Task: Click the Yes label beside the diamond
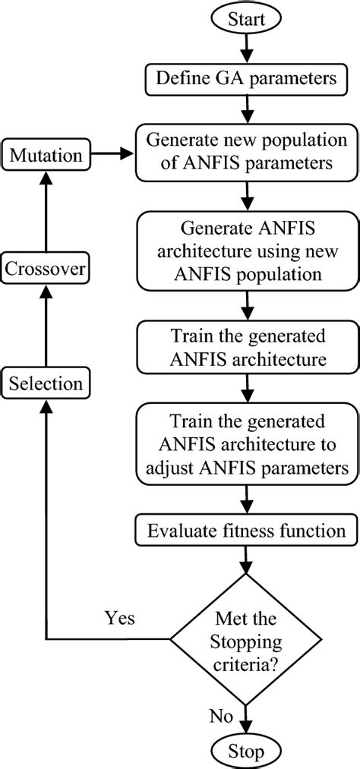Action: tap(121, 618)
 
